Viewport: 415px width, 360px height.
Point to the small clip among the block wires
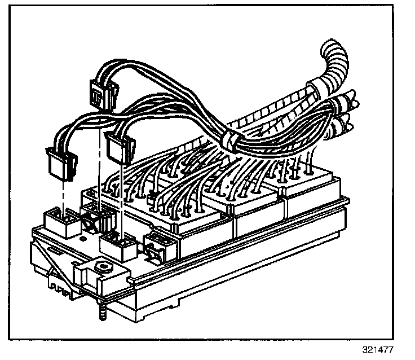click(152, 198)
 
